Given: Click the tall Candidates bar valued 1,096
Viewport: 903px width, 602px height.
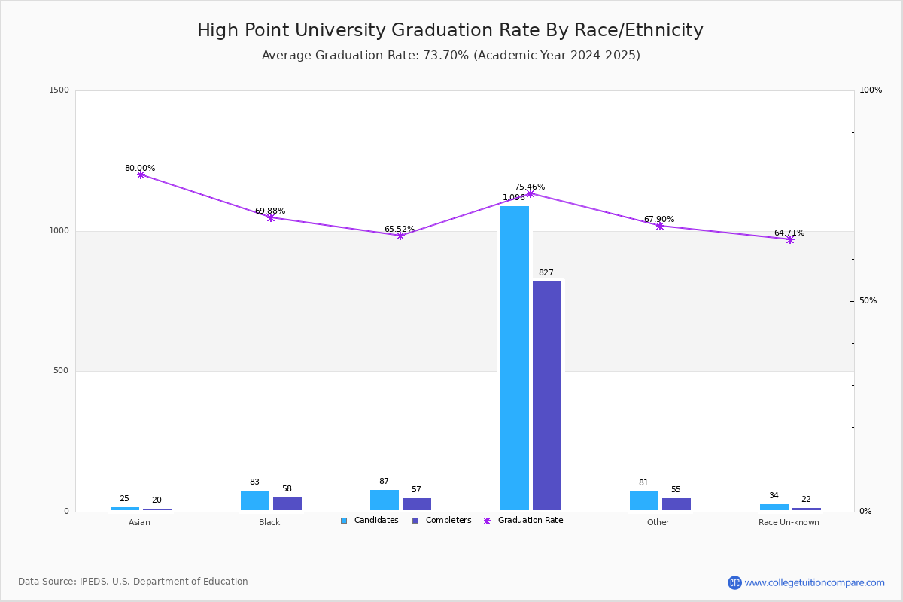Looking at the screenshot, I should click(x=515, y=358).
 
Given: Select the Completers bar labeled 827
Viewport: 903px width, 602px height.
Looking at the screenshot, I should click(x=547, y=396).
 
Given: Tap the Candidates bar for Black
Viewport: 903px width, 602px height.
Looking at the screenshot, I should click(x=255, y=500).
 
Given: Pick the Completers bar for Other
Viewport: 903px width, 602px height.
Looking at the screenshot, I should click(x=676, y=504).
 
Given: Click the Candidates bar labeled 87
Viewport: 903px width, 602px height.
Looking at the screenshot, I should click(x=385, y=500).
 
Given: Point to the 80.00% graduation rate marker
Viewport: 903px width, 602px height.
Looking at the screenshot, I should click(x=141, y=175).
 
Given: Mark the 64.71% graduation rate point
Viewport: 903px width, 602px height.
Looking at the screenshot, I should click(x=790, y=239).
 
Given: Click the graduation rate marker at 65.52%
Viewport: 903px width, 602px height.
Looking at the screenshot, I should click(x=400, y=236).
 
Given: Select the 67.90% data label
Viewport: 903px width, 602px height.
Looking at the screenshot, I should click(x=659, y=219).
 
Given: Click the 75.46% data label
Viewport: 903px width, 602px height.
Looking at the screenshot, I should click(x=530, y=187).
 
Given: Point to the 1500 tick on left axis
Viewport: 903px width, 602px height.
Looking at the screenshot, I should click(x=59, y=90).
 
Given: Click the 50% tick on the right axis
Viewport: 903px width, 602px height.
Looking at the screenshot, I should click(x=868, y=301).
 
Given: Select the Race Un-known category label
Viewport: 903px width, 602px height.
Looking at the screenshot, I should click(x=789, y=522).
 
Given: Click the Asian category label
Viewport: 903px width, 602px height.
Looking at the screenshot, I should click(x=139, y=522).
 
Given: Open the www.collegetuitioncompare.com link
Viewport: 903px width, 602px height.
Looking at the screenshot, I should click(x=814, y=582).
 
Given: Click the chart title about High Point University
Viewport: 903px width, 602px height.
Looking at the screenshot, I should click(x=450, y=30).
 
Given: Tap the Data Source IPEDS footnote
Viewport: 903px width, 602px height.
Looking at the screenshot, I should click(x=133, y=582).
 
